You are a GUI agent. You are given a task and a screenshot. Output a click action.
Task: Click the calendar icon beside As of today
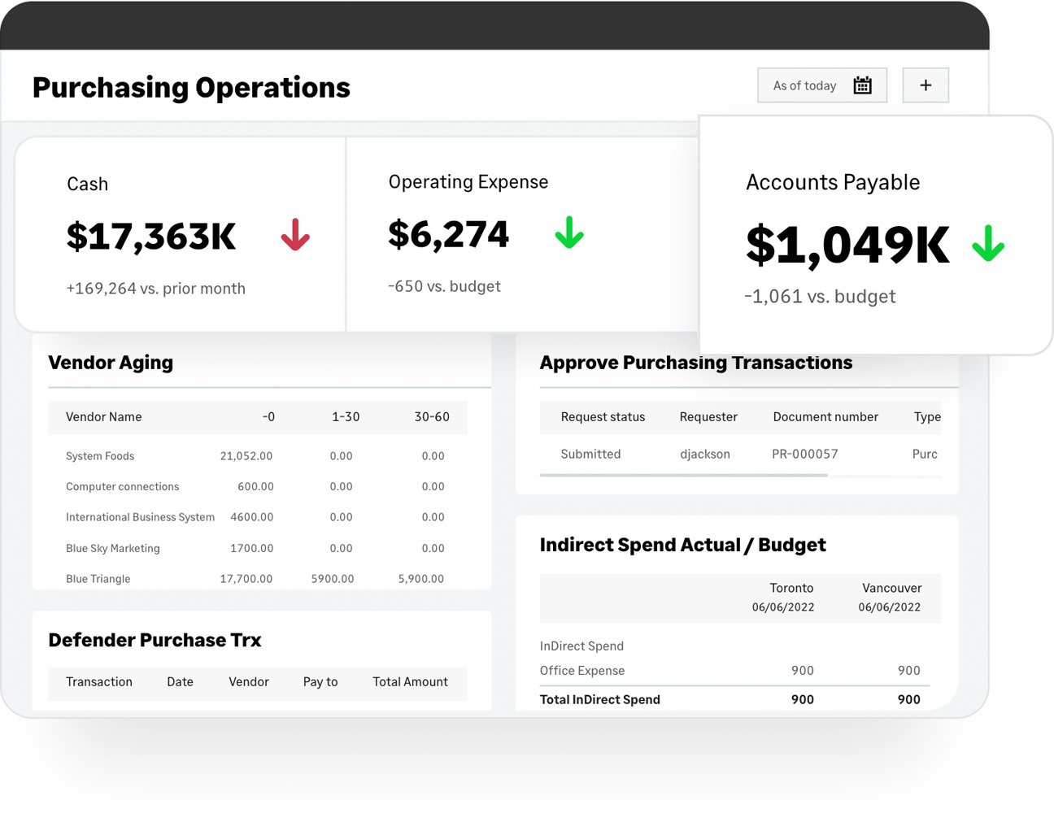[x=862, y=85]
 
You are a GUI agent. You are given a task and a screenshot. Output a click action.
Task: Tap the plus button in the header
[x=926, y=85]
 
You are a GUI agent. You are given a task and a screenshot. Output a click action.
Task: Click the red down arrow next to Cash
[x=295, y=235]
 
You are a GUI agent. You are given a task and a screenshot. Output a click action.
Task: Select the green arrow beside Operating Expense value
[x=569, y=233]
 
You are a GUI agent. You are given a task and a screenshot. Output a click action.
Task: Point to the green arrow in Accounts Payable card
[x=988, y=244]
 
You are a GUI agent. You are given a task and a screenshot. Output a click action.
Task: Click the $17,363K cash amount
[x=151, y=237]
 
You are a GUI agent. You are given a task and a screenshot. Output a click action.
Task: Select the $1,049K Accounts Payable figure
[x=847, y=245]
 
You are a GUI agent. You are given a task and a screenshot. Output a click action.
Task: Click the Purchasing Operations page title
[x=191, y=87]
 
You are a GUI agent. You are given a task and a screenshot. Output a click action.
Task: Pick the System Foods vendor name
[x=100, y=456]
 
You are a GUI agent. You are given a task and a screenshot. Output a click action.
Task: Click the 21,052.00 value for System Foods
[x=246, y=456]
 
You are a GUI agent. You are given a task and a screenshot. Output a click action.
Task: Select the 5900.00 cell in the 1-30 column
[x=332, y=579]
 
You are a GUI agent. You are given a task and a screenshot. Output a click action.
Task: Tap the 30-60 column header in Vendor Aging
[x=432, y=416]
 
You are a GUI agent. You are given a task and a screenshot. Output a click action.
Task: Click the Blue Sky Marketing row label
[x=113, y=548]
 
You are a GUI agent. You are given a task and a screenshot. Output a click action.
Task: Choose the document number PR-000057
[x=804, y=454]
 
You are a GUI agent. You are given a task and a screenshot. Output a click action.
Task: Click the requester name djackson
[x=705, y=454]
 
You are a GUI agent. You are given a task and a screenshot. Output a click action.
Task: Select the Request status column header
[x=603, y=416]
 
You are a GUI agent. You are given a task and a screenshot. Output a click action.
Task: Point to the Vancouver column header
[x=891, y=588]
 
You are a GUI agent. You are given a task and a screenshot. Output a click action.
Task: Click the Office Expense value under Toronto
[x=802, y=670]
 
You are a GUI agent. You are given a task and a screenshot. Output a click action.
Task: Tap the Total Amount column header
[x=410, y=681]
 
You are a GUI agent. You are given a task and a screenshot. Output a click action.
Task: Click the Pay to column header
[x=320, y=681]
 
